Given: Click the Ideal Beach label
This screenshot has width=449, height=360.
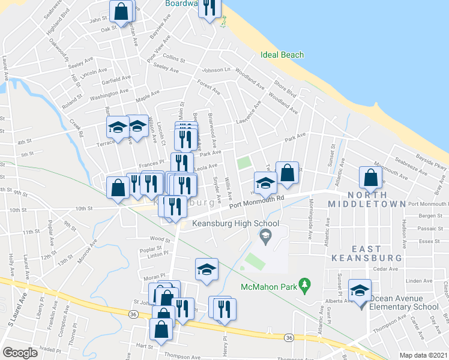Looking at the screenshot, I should (282, 55).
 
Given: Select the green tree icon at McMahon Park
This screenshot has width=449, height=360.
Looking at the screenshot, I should (304, 283).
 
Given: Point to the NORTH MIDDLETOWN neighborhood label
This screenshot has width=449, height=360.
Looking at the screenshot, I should (367, 199).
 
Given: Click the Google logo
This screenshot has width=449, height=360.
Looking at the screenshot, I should (20, 352).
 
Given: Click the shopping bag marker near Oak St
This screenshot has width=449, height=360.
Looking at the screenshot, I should (121, 11).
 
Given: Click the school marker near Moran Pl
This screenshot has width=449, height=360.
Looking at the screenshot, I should (206, 269).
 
